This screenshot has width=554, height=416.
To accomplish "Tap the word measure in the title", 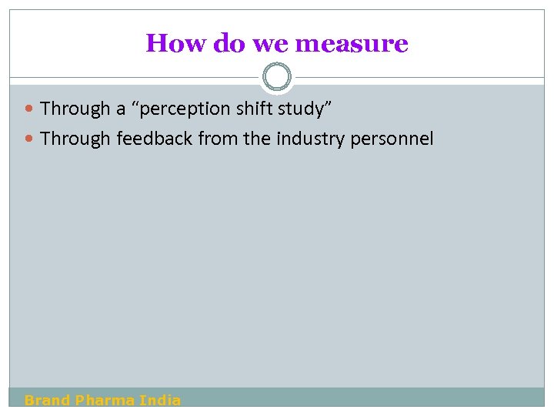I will click(351, 43).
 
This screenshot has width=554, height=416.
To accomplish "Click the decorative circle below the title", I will click(277, 77).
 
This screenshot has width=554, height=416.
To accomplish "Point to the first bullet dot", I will click(30, 109).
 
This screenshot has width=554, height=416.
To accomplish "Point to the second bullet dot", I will click(30, 139).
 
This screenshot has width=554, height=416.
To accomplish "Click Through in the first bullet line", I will click(75, 109).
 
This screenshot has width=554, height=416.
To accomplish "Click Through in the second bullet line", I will click(75, 139).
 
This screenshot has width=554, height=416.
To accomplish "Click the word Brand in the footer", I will click(47, 400).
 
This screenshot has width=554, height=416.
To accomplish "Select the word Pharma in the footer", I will click(105, 400).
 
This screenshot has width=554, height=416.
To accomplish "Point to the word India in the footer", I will click(160, 400).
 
